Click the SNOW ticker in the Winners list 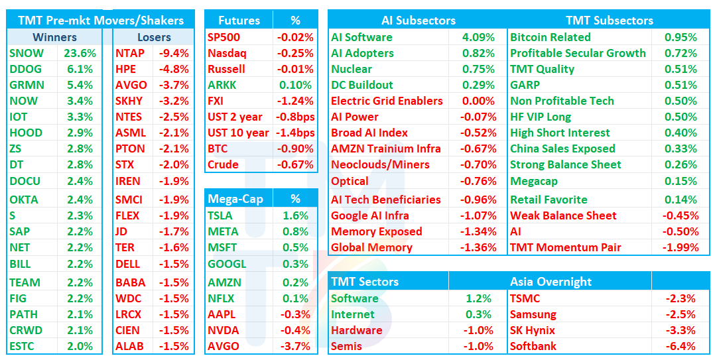[27, 53]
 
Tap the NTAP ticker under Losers [131, 53]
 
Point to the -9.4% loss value [174, 53]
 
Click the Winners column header [54, 37]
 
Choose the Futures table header [239, 21]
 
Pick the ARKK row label [223, 85]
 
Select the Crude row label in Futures [224, 164]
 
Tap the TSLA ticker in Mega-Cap [220, 215]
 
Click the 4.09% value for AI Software [478, 37]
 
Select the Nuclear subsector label [352, 69]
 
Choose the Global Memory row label [372, 248]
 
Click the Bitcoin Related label [551, 37]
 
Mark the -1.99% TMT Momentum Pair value [681, 248]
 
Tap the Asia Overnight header [551, 282]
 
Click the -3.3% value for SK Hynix [681, 330]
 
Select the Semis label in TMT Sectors [346, 346]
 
